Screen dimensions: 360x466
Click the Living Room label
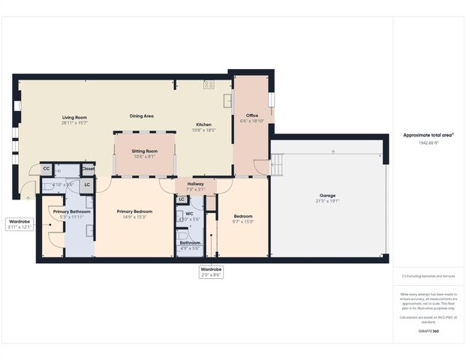click(x=74, y=117)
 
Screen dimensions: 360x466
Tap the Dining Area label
click(x=142, y=115)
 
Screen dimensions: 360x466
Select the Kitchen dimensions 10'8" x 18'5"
click(x=205, y=130)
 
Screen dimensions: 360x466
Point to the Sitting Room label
click(x=145, y=151)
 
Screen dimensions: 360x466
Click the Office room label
click(x=253, y=115)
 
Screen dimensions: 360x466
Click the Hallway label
click(x=195, y=184)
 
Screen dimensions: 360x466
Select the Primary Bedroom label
click(x=134, y=211)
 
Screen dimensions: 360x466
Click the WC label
click(x=189, y=214)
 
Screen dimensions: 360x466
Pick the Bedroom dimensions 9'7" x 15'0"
click(x=243, y=221)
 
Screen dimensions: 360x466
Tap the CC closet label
click(x=46, y=169)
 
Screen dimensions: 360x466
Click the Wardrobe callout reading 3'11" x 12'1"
click(x=19, y=227)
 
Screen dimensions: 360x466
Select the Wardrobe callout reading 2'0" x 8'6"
click(x=210, y=275)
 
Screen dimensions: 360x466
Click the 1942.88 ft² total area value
click(x=428, y=141)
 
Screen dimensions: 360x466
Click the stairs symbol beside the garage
click(x=278, y=162)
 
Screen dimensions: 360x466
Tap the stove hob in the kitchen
click(x=208, y=84)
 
